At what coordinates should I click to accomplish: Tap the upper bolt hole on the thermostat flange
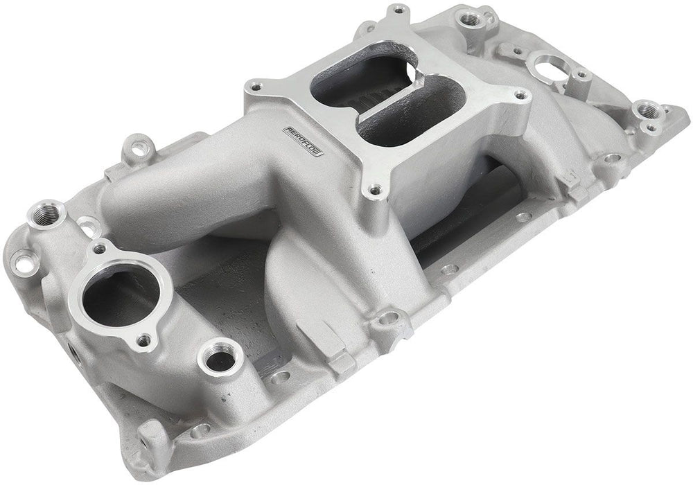point(102,249)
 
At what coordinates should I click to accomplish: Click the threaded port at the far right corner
point(646,109)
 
